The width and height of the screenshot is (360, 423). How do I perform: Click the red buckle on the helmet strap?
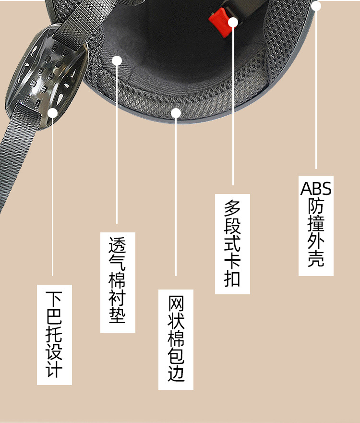click(x=220, y=20)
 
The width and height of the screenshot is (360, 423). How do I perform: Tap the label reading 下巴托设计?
click(x=54, y=334)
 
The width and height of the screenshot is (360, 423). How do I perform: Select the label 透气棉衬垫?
click(x=118, y=282)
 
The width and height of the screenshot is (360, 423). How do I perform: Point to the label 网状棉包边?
click(x=176, y=339)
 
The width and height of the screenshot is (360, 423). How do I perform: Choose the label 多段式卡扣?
click(x=232, y=243)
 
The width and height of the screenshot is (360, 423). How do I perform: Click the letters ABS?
click(x=316, y=188)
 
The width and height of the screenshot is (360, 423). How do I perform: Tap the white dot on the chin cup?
click(x=52, y=113)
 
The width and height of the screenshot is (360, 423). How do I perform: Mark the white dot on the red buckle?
click(x=233, y=22)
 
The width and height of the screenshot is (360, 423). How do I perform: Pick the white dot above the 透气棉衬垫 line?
click(x=117, y=60)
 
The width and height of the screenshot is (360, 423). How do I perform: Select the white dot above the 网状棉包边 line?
click(x=176, y=113)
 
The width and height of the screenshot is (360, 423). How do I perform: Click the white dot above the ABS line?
click(x=316, y=6)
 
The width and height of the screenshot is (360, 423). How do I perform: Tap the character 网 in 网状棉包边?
click(x=176, y=304)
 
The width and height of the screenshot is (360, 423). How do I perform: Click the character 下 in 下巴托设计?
click(x=54, y=299)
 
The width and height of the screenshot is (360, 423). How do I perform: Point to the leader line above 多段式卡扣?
click(x=233, y=106)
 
